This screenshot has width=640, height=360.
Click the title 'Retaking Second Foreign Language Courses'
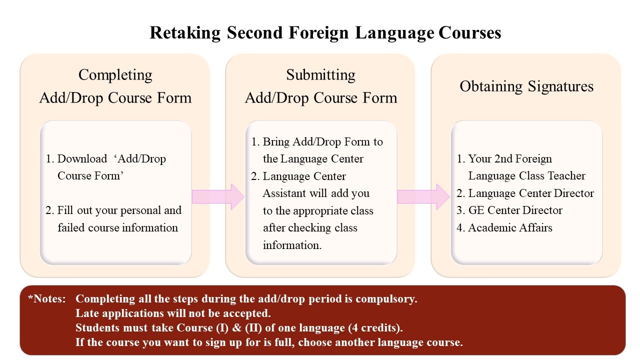point(325,33)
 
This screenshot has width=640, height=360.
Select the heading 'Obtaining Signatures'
point(526,86)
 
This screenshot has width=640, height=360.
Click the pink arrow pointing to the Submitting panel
point(217,196)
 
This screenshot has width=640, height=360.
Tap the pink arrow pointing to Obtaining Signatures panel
point(423,196)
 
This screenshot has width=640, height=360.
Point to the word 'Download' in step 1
point(82,159)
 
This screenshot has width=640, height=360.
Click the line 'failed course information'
point(117,228)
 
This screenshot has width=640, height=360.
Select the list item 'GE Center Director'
point(515,210)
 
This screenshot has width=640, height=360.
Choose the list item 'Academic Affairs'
point(510,228)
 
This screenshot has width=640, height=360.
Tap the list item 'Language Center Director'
point(531,193)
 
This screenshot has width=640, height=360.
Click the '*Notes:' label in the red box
point(47,299)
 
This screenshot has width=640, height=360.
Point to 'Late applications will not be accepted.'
point(173,313)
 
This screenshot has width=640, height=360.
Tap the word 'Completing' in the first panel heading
point(115,75)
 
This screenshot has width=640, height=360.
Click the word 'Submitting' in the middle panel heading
point(320,75)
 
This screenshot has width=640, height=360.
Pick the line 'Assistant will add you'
point(316,193)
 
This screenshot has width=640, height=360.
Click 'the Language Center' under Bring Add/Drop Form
point(313,159)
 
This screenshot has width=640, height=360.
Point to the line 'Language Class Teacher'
point(526,176)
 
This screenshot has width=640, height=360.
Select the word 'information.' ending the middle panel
point(292,245)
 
